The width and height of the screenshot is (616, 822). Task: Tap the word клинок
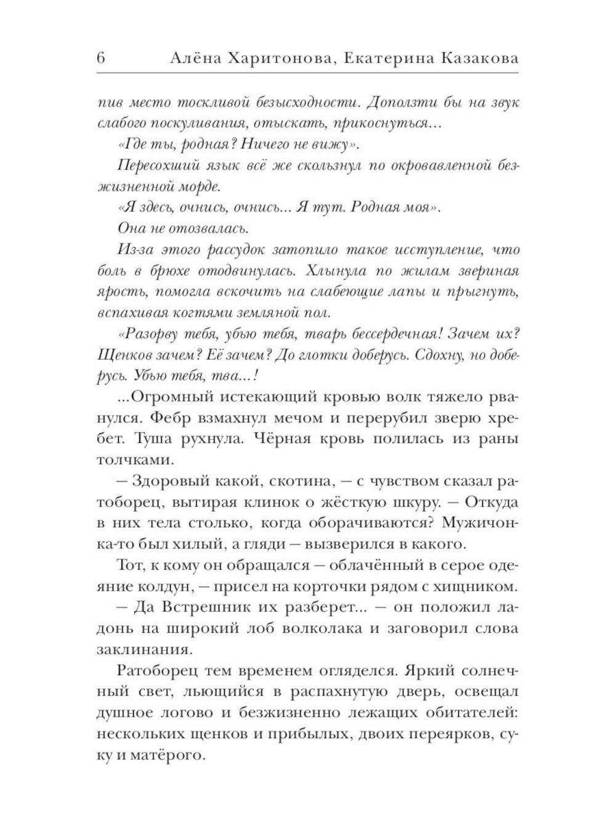[299, 503]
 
